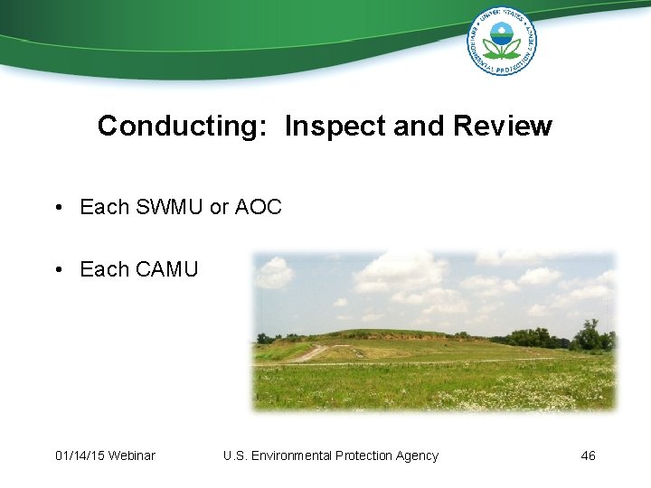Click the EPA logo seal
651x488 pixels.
tap(501, 41)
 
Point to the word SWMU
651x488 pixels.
tap(169, 207)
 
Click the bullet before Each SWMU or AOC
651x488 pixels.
tap(57, 208)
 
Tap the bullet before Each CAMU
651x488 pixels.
tap(57, 270)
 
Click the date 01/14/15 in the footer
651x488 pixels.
tap(79, 455)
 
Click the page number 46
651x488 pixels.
tap(588, 455)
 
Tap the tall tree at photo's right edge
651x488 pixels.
tap(591, 334)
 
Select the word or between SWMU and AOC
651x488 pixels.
tap(219, 207)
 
